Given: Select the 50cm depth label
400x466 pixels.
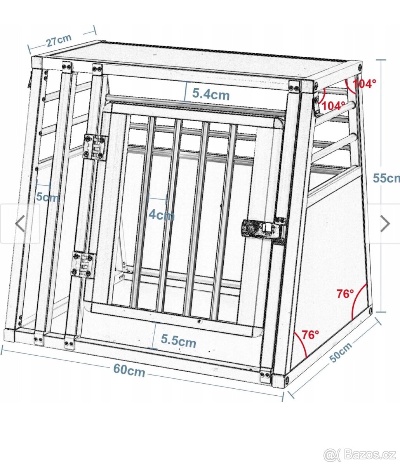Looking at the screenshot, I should click(341, 353).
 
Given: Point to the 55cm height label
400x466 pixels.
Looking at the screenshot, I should click(386, 178).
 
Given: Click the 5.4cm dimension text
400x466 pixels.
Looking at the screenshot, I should click(211, 94).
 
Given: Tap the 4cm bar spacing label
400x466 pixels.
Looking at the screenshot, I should click(162, 214).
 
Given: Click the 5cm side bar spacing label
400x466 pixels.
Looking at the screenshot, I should click(47, 197).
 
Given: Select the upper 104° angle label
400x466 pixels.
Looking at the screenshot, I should click(365, 83).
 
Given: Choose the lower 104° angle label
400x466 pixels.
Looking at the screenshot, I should click(334, 105).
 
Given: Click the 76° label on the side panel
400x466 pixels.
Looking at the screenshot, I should click(345, 294).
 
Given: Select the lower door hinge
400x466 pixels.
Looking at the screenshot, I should click(83, 264).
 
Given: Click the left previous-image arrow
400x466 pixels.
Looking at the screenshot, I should click(20, 224).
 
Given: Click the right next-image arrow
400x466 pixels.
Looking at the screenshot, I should click(384, 223).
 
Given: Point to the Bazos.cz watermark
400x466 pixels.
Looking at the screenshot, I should click(360, 454).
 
